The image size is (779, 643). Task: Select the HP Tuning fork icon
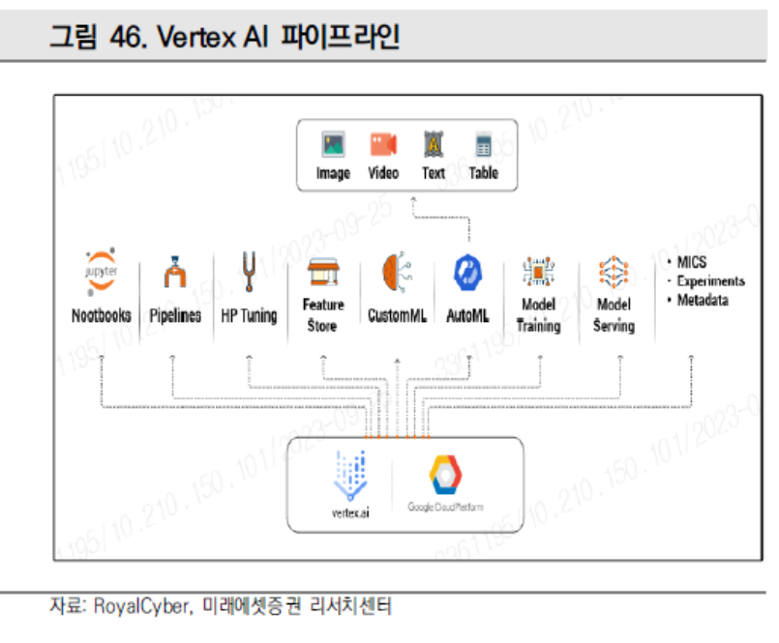249,271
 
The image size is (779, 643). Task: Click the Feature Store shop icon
321,272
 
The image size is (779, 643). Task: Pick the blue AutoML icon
466,273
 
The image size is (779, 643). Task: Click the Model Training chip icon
538,273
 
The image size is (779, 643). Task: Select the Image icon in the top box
334,146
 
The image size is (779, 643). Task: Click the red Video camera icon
383,145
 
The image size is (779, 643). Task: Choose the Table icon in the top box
483,146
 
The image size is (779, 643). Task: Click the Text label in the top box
434,174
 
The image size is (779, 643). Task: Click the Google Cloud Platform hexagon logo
446,475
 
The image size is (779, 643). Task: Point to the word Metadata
704,300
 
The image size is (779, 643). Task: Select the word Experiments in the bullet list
710,281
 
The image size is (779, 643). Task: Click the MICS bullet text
692,263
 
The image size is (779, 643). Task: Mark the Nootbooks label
102,316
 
